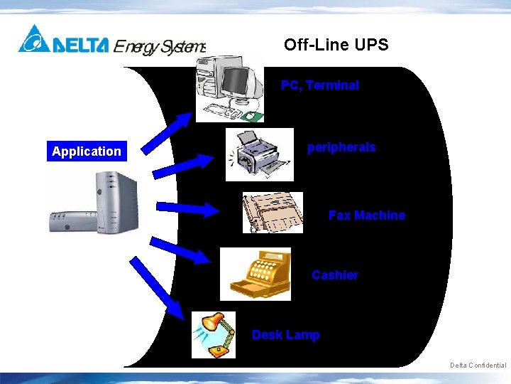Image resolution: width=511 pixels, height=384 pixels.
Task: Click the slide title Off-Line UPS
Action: click(x=336, y=45)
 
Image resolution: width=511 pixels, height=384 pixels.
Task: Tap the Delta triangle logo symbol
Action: click(x=33, y=39)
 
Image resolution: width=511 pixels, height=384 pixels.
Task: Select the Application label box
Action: click(x=87, y=151)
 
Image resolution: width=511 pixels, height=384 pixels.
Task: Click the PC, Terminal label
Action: click(x=319, y=85)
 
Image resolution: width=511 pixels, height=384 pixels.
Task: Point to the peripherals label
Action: click(x=341, y=147)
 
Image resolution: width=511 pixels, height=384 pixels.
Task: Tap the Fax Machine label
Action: click(x=366, y=215)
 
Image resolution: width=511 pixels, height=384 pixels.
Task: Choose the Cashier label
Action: click(x=334, y=274)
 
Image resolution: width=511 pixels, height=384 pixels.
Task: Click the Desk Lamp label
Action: click(x=285, y=334)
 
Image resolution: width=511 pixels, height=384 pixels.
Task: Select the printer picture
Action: click(x=259, y=154)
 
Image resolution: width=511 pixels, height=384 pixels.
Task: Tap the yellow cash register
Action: click(x=256, y=273)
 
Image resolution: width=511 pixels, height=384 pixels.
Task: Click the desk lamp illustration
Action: click(x=214, y=334)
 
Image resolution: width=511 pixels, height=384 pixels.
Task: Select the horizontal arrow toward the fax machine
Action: click(x=188, y=209)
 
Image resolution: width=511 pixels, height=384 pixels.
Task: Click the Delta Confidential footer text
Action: click(x=478, y=366)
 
